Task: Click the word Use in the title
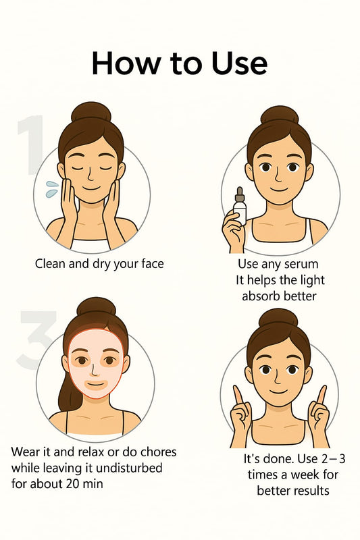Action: [239, 63]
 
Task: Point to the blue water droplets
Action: [52, 189]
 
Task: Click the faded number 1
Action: [31, 144]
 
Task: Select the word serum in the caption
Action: [301, 264]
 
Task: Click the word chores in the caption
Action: [157, 452]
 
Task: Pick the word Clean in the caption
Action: [50, 264]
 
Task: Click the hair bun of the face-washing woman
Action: [91, 111]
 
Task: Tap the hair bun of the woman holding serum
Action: [280, 115]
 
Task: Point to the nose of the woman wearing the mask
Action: [95, 369]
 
